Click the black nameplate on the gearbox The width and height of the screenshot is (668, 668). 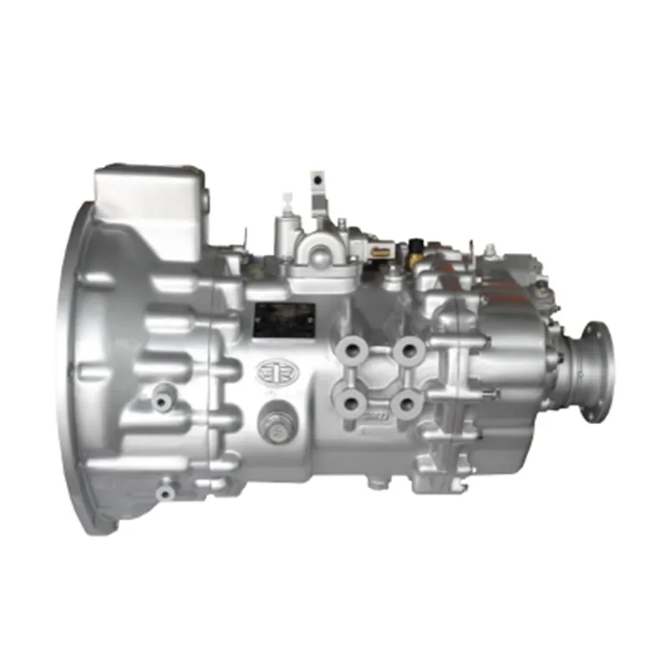(x=284, y=321)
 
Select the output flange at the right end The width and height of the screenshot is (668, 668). (x=596, y=371)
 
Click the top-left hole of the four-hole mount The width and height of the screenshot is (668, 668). (x=351, y=347)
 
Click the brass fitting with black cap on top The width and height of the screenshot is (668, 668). (x=415, y=248)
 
